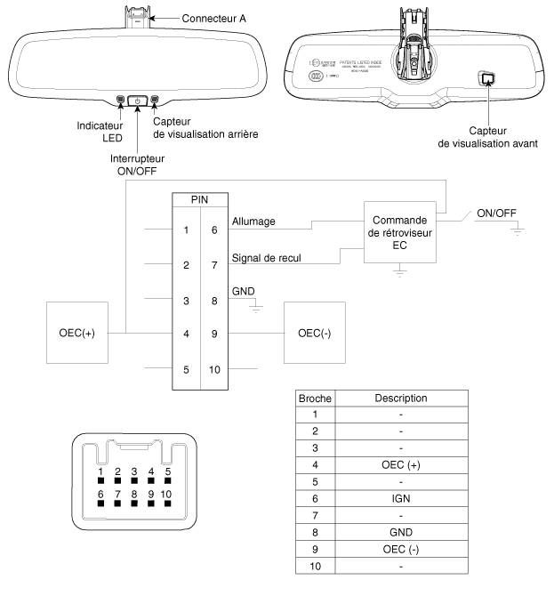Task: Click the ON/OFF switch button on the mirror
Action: tap(138, 101)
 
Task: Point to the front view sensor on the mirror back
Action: tap(486, 79)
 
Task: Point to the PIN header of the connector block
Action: tap(200, 201)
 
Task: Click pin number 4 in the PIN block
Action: tap(185, 334)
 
